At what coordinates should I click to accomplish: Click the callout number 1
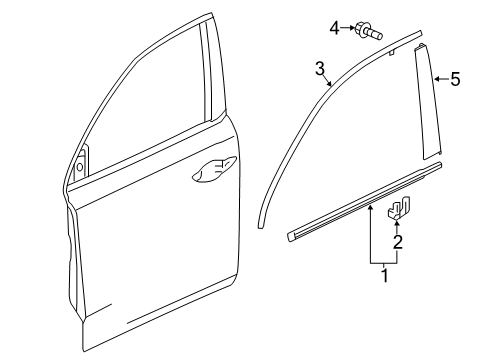[385, 275]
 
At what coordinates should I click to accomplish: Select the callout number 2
[397, 242]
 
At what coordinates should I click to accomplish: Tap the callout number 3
[320, 69]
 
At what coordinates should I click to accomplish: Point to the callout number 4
[334, 28]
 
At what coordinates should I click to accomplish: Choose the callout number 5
[455, 79]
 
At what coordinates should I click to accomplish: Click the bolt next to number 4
[369, 31]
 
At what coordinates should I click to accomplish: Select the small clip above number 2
[398, 208]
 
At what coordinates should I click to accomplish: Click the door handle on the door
[214, 169]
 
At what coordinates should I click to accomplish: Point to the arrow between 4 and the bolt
[348, 28]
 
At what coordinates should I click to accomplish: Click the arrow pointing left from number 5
[442, 79]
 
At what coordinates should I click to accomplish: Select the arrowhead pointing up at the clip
[397, 223]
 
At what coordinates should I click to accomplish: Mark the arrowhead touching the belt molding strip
[370, 209]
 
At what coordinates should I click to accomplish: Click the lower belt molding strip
[365, 202]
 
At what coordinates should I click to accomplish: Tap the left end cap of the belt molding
[291, 236]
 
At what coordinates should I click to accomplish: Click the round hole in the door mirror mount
[80, 167]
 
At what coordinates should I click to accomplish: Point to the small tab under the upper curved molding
[392, 52]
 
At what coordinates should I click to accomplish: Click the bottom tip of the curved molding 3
[261, 228]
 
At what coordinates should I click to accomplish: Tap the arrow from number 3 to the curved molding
[327, 81]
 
